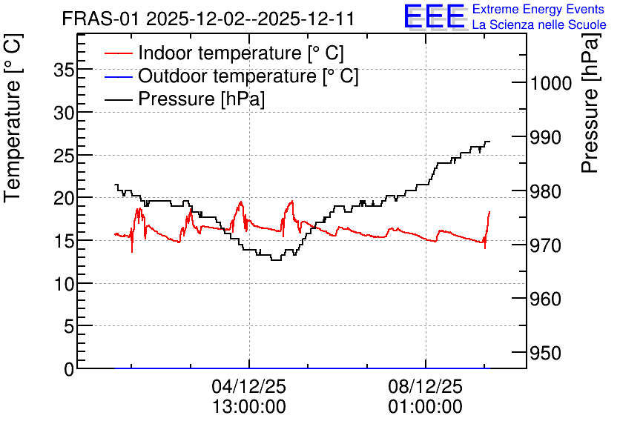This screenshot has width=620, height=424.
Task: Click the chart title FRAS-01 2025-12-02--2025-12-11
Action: [x=208, y=19]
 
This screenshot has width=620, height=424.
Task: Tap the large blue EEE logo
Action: [x=435, y=16]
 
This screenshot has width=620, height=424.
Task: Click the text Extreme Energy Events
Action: [x=538, y=9]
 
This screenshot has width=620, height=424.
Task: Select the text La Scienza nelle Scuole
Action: [x=539, y=25]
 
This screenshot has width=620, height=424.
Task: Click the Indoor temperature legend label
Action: [x=241, y=53]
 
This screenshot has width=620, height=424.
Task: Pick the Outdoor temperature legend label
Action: [x=248, y=76]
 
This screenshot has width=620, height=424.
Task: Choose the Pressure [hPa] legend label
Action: [x=201, y=99]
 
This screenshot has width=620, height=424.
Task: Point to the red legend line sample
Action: [x=118, y=53]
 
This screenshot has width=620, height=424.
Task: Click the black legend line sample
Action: [x=118, y=99]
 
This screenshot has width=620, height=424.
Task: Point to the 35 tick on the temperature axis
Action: [x=64, y=70]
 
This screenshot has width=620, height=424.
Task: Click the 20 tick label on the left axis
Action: [x=64, y=199]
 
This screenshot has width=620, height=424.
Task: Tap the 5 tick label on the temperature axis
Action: [x=69, y=326]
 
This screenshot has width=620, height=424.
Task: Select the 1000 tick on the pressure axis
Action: [x=551, y=83]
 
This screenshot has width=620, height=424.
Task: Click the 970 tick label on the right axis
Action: [x=545, y=245]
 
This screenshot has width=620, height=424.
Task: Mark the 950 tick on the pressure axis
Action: [x=545, y=354]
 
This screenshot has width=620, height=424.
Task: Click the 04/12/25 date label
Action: [x=248, y=386]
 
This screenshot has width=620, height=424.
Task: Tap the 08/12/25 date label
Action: [x=425, y=386]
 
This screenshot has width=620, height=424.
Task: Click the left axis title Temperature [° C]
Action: [x=13, y=119]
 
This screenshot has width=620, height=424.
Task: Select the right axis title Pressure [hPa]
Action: [x=590, y=103]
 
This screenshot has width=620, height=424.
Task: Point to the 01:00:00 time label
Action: [x=425, y=407]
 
